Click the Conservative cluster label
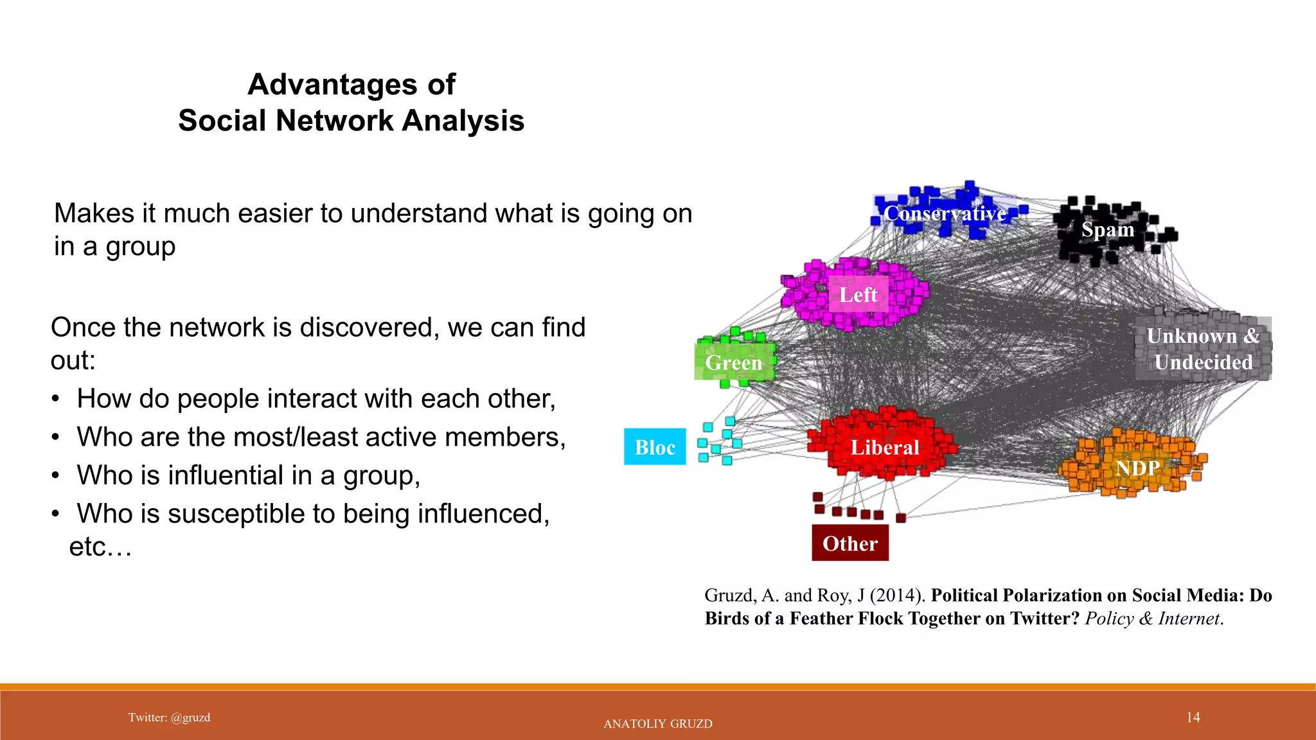[x=945, y=213]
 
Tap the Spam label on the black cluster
[x=1107, y=229]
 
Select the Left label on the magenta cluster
[x=858, y=295]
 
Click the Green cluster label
[x=733, y=362]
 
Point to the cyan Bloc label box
[x=655, y=447]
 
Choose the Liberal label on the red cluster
[x=885, y=447]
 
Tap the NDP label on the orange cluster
[x=1137, y=468]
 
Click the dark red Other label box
[x=849, y=543]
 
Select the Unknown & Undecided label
[x=1203, y=349]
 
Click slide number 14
[x=1193, y=717]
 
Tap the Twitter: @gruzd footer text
[x=169, y=718]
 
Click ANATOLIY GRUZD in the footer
[x=658, y=724]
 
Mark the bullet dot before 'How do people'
[x=57, y=400]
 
